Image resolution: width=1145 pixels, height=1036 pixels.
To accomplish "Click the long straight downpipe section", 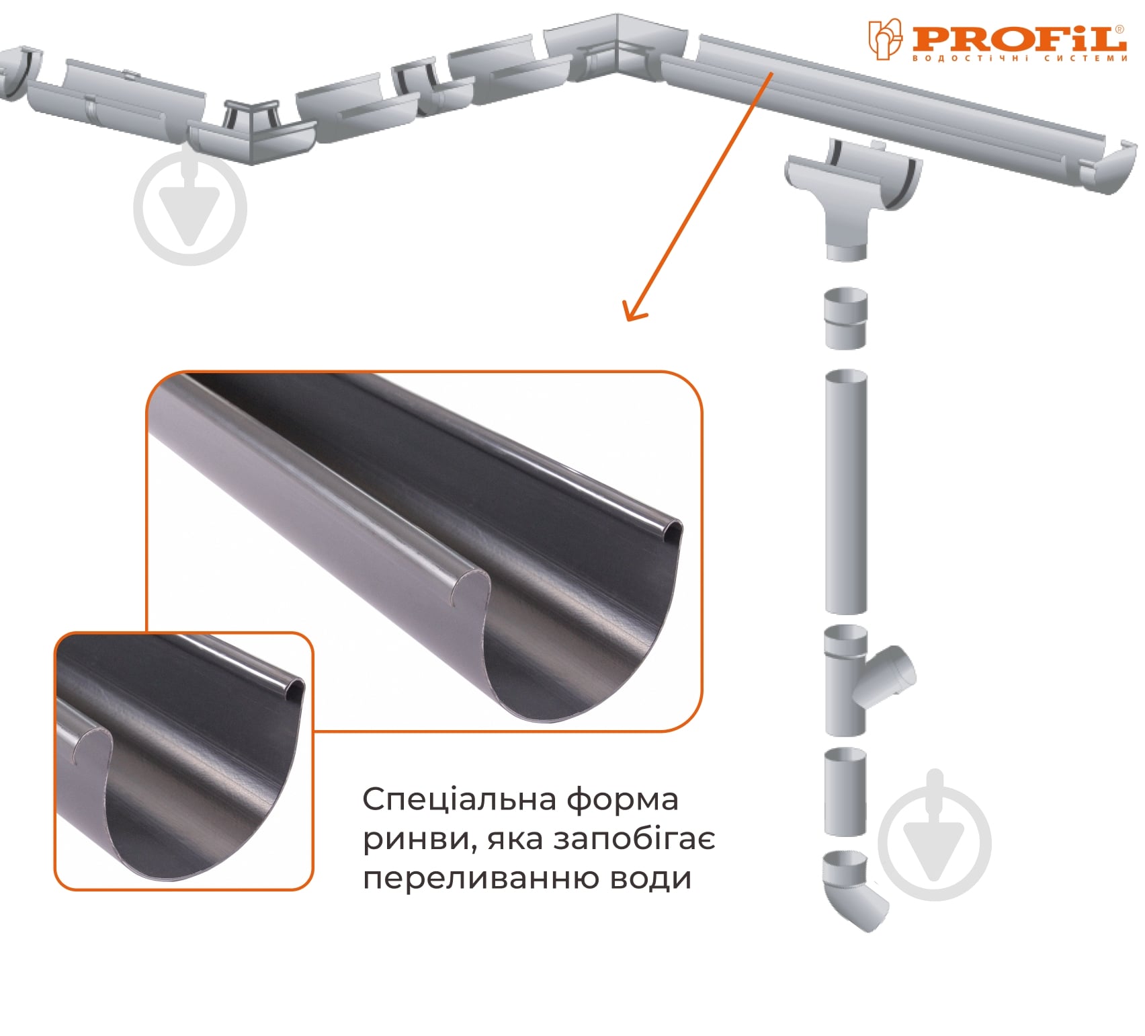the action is (x=846, y=491).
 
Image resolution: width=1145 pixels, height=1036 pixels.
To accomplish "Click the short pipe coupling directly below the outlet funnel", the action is (x=846, y=318).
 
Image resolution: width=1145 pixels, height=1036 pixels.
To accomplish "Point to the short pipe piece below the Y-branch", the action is (x=845, y=791).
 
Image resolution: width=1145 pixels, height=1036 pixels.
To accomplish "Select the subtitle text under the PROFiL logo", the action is (x=1019, y=58).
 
